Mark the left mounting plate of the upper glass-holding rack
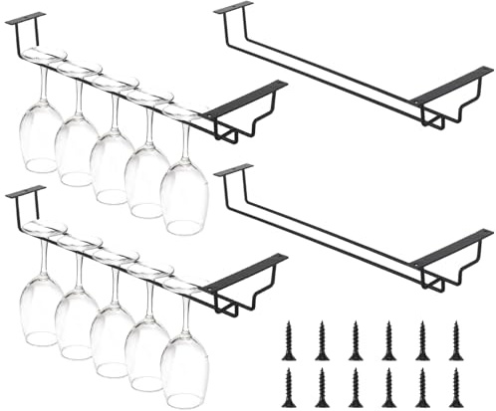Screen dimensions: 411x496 (25, 17)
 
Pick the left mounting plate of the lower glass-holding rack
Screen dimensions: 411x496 (25, 190)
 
